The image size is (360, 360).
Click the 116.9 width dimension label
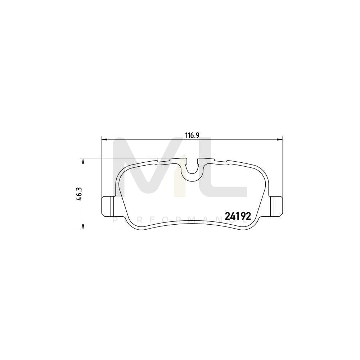192,135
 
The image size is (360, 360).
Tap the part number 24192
237,215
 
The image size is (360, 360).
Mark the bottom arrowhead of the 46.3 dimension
84,227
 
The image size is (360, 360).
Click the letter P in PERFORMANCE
115,220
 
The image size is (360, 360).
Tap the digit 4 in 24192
232,215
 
